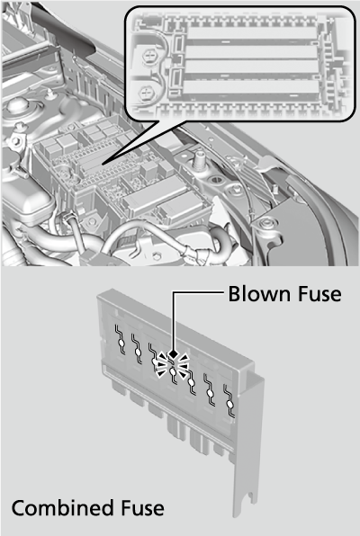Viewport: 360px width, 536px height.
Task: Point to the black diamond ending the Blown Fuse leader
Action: click(174, 353)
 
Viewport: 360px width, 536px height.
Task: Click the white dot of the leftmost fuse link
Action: click(121, 343)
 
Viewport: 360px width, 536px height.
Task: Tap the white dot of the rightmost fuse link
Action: click(230, 405)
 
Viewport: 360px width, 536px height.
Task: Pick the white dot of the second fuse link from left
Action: click(138, 353)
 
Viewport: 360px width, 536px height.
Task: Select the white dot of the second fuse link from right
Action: click(211, 393)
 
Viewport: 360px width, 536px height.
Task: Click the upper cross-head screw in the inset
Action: click(148, 54)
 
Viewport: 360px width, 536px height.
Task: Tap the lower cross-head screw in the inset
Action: click(147, 93)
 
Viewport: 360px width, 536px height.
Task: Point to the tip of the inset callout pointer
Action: click(103, 165)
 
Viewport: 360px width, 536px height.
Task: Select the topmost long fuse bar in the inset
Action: click(252, 33)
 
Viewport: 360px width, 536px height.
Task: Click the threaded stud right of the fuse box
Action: click(199, 160)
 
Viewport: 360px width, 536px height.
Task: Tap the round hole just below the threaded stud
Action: click(216, 179)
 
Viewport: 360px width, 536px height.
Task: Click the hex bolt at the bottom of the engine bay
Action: click(156, 255)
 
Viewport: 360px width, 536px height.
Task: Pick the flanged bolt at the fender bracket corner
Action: click(265, 224)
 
